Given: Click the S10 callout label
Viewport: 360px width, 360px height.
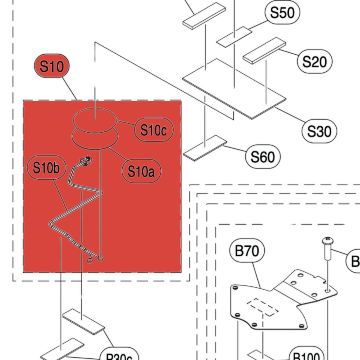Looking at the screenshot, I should point(52,66).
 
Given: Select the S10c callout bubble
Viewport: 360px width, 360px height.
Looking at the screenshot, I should point(153,130).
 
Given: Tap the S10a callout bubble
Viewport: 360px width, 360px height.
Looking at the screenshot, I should point(141,171).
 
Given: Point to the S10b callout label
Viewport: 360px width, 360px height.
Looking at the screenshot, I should point(46,168).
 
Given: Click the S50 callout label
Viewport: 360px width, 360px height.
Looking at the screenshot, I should point(282,13).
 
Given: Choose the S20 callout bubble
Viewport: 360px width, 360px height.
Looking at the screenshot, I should point(315,61).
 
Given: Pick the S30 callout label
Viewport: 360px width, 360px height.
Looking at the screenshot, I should point(319,131).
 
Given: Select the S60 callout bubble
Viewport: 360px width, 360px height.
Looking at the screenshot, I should point(262,157).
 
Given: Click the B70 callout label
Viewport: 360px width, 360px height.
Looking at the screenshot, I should point(247,251).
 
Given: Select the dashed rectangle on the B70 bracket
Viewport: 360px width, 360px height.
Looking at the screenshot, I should point(261,307).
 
